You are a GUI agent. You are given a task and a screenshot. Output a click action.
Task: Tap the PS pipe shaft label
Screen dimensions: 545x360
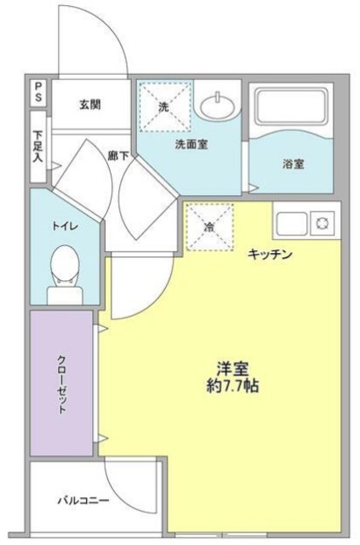pos(39,92)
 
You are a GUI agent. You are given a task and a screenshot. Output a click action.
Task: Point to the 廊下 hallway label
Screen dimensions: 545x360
pos(117,156)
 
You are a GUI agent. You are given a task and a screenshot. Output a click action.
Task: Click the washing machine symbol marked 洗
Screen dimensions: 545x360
pos(164,106)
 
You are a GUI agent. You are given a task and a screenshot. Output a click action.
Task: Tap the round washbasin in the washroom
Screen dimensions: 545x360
pos(219,106)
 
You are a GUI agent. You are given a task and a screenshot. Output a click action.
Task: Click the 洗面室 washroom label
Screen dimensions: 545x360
pos(191,145)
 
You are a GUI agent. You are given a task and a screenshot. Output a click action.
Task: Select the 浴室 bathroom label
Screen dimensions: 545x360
pos(294,163)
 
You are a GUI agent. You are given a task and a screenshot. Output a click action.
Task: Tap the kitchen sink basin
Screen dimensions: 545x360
pos(291,224)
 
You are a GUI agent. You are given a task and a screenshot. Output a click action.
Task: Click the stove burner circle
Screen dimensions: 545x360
pos(323,224)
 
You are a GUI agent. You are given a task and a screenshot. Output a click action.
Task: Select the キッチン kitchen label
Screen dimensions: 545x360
pos(271,255)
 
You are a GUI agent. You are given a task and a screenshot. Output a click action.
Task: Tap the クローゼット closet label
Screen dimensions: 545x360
pos(61,382)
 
